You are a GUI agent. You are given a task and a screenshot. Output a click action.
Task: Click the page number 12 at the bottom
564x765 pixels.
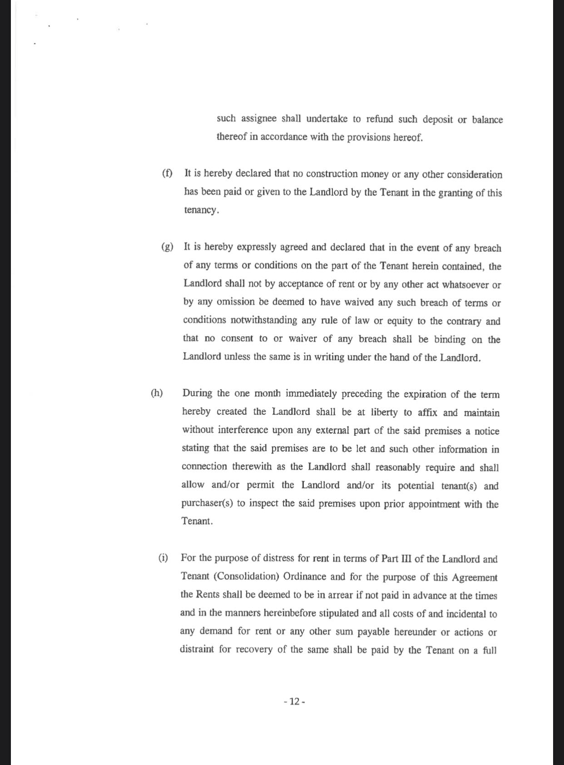294,701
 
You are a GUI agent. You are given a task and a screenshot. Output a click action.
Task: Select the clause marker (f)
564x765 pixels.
168,173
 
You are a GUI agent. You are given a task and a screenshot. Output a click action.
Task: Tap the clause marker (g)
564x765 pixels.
167,247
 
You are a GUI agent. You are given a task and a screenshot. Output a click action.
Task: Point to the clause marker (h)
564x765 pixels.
157,393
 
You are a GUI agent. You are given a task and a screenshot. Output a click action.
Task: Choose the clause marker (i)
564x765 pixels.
163,558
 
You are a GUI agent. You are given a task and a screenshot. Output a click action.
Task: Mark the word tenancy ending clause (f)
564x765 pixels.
201,210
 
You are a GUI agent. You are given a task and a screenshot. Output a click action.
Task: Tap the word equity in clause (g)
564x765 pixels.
400,321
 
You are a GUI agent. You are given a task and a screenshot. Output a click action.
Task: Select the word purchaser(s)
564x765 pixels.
207,504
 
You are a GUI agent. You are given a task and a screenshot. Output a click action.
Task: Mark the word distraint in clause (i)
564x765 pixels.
197,649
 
